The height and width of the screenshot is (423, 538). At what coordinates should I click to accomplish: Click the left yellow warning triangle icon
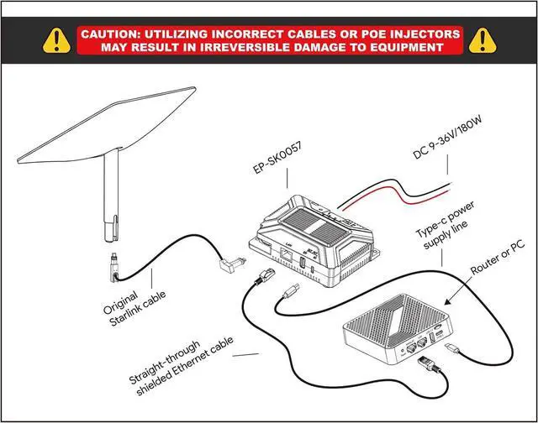pos(56,39)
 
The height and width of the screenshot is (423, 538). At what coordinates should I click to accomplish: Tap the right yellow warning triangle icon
pos(483,39)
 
